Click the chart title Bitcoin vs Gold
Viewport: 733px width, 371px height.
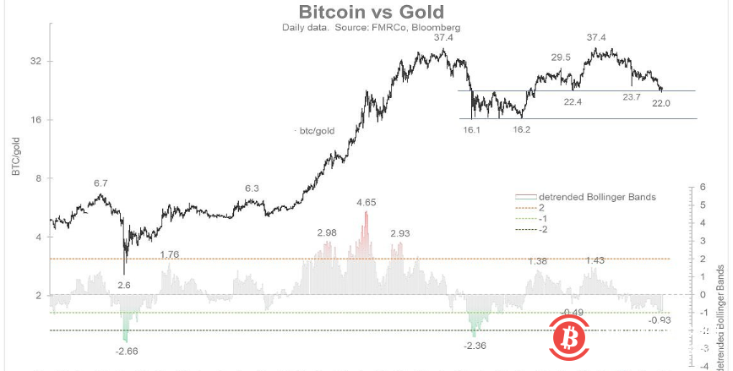[366, 12]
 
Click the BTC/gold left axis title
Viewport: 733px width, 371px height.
[17, 155]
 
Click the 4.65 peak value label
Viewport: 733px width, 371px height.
[367, 203]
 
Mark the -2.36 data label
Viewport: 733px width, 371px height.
[476, 345]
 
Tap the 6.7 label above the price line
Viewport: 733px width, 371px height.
[100, 183]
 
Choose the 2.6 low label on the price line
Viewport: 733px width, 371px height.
[123, 286]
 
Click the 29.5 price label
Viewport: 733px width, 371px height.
[562, 57]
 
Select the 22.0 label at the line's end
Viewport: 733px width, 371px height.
[660, 103]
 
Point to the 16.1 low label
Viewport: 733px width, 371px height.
[471, 131]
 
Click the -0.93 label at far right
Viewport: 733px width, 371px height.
[660, 319]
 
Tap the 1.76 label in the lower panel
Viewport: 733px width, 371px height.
[170, 254]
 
